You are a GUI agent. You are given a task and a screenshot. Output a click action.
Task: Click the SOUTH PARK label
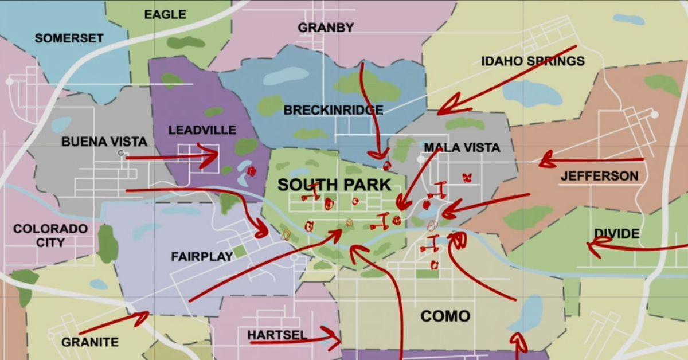pos(334,185)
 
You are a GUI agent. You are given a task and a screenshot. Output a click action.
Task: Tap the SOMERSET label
pos(69,38)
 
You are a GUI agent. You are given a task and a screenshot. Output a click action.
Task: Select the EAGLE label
pos(165,14)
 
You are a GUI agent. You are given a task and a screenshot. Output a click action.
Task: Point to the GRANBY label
pos(326,28)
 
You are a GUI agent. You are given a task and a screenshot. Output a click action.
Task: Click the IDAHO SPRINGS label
pos(533,61)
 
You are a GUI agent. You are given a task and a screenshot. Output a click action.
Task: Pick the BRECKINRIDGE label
pos(333,110)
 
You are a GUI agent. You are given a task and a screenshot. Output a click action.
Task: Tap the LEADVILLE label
pos(202,130)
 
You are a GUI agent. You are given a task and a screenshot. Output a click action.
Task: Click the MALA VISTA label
pos(462,148)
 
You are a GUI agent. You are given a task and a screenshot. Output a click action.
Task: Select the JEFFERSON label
pos(599,176)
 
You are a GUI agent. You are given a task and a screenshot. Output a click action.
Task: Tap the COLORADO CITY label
pos(50,236)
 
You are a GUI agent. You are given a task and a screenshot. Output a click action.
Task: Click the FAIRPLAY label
pos(202,257)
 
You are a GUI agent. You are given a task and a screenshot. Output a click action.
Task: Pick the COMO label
pos(445,316)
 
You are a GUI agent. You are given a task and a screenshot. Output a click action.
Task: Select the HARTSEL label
pos(277,335)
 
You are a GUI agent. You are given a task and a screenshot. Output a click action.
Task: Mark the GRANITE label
pos(89,342)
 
